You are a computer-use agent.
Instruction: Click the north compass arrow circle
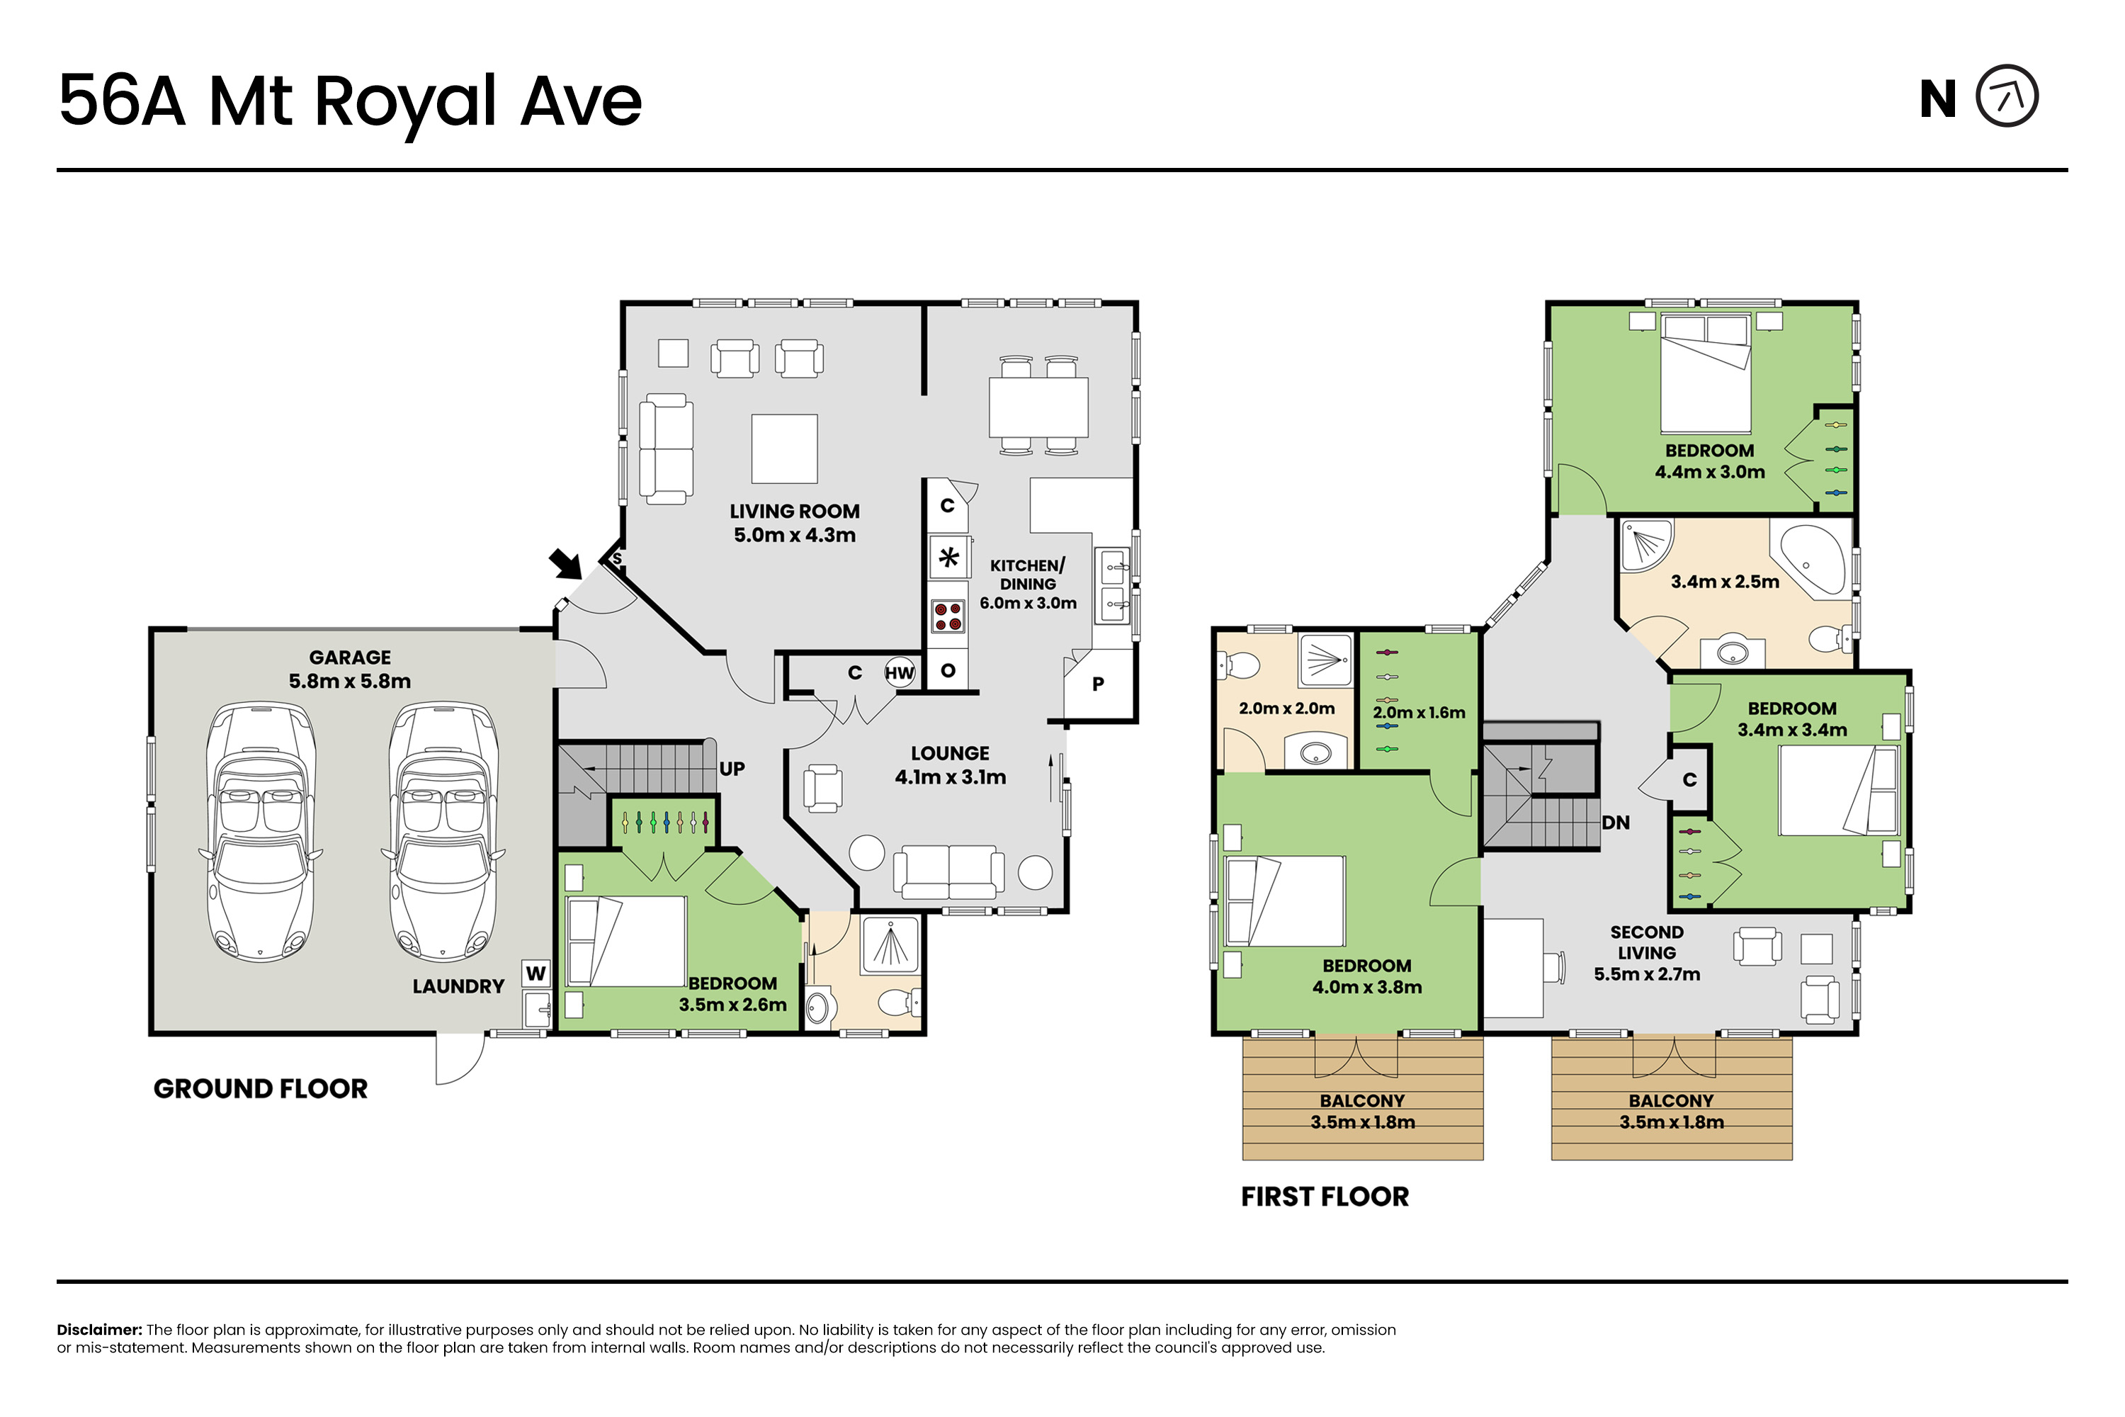pyautogui.click(x=2007, y=96)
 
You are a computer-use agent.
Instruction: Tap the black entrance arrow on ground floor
pyautogui.click(x=567, y=564)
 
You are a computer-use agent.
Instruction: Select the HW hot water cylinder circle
pyautogui.click(x=900, y=672)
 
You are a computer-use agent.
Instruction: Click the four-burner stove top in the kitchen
pyautogui.click(x=948, y=617)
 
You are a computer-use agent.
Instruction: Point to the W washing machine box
pyautogui.click(x=535, y=973)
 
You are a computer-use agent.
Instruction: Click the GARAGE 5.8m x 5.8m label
pyautogui.click(x=350, y=670)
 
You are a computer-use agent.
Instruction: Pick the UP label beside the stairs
pyautogui.click(x=732, y=769)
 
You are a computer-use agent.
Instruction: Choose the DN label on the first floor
pyautogui.click(x=1616, y=823)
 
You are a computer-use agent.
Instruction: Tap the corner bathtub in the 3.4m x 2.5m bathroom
pyautogui.click(x=1813, y=560)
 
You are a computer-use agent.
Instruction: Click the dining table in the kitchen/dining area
pyautogui.click(x=1038, y=407)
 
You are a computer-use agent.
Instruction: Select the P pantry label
pyautogui.click(x=1098, y=684)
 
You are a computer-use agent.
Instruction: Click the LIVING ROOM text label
pyautogui.click(x=795, y=512)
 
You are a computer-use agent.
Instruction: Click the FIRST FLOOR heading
pyautogui.click(x=1325, y=1197)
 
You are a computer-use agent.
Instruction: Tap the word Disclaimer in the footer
pyautogui.click(x=99, y=1331)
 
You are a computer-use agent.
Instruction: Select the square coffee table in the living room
pyautogui.click(x=784, y=449)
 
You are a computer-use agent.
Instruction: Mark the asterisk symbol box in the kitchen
pyautogui.click(x=948, y=558)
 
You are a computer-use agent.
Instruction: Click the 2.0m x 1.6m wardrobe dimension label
pyautogui.click(x=1419, y=713)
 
